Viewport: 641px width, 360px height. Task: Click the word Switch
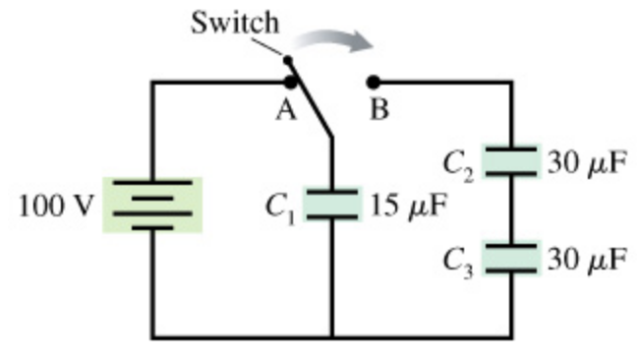235,21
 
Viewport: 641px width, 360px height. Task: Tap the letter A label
285,109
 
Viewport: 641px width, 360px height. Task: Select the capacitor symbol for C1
332,205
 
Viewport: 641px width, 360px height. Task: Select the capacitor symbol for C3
511,256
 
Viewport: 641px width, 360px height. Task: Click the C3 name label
458,260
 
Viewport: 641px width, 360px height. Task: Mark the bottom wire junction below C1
332,337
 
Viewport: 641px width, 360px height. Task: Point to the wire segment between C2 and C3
511,208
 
